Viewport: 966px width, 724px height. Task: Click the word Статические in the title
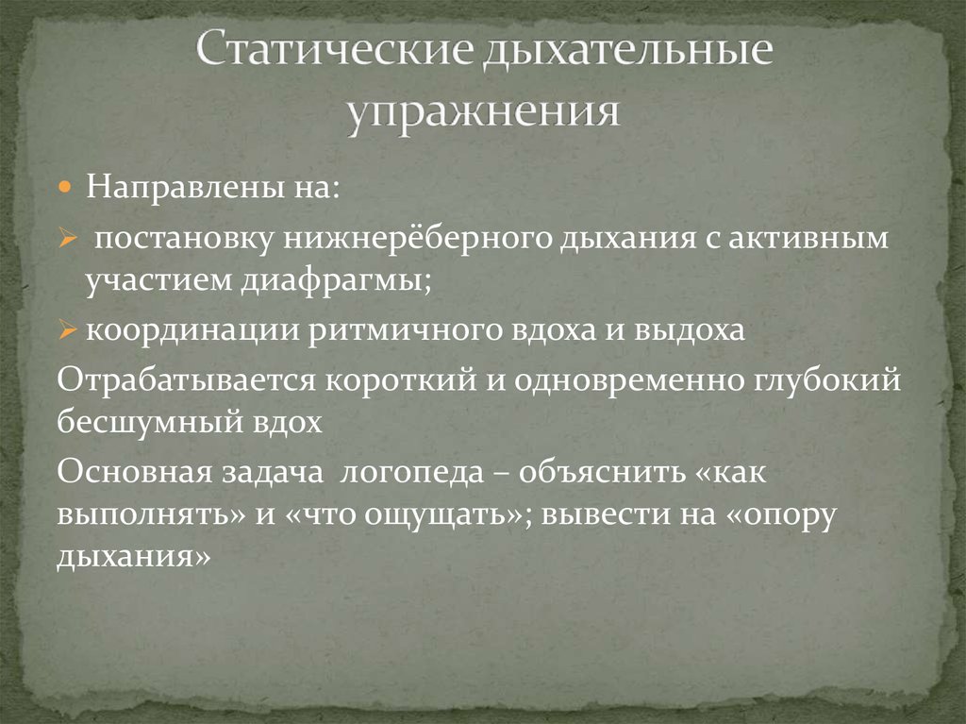336,49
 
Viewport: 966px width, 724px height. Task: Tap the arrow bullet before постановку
66,238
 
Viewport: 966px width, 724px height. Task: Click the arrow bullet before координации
67,331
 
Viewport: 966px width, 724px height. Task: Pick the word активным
808,238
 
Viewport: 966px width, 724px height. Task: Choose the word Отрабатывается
186,380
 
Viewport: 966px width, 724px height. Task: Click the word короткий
400,379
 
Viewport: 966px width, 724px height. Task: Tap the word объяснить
601,472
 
